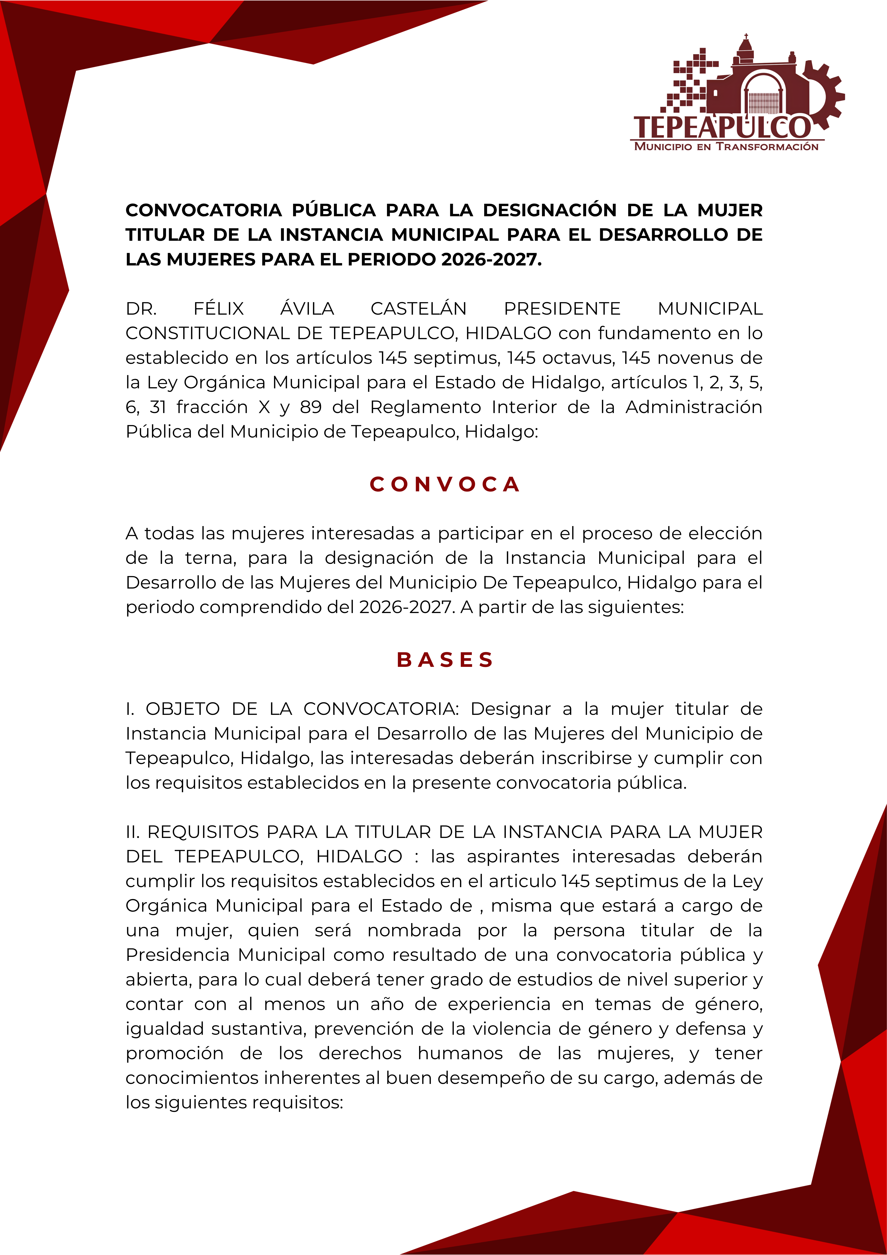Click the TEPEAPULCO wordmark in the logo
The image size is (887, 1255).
click(x=721, y=127)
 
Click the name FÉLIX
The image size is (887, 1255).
click(x=219, y=309)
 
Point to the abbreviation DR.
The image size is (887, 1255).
click(x=141, y=309)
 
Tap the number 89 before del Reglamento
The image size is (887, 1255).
click(x=311, y=407)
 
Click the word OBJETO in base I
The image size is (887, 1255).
click(x=182, y=709)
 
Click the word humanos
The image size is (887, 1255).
click(x=460, y=1053)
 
